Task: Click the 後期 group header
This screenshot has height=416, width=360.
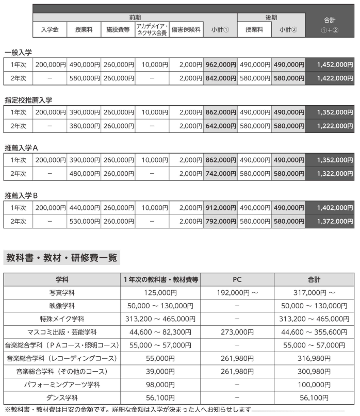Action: tap(271, 18)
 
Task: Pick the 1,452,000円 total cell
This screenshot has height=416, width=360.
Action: tap(330, 65)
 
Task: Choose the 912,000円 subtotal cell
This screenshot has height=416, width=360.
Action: tap(220, 208)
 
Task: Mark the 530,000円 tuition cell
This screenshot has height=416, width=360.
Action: tap(84, 222)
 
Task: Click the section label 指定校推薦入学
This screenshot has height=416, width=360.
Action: tap(28, 100)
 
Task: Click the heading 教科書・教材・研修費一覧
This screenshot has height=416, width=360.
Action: tap(61, 257)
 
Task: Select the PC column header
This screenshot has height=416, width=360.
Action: tap(237, 279)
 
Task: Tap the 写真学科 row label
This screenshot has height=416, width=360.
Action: tap(62, 293)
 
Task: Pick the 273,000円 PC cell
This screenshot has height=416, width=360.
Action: tap(237, 332)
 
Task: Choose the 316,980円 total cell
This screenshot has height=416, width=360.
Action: tap(314, 358)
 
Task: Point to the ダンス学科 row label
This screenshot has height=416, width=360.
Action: tap(62, 398)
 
